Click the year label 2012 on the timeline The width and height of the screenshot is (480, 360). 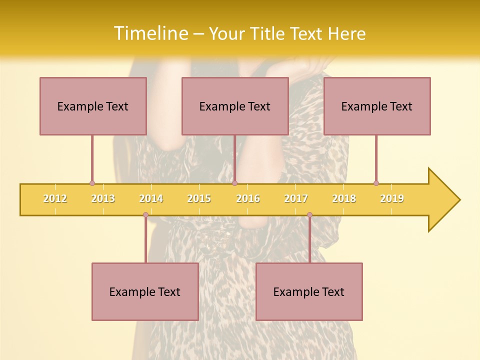click(55, 198)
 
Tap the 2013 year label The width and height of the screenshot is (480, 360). click(103, 198)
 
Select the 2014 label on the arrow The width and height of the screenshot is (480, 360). click(151, 198)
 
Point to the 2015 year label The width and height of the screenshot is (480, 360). click(199, 198)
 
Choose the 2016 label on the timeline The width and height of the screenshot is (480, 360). click(248, 198)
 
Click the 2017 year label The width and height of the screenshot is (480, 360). click(296, 198)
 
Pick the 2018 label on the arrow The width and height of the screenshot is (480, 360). click(344, 198)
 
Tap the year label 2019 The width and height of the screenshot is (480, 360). click(392, 198)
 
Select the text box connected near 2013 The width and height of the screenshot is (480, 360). click(93, 106)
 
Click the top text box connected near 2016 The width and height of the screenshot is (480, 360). click(235, 106)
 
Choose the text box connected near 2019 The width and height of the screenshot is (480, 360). click(377, 106)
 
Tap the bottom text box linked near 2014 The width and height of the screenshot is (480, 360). click(145, 291)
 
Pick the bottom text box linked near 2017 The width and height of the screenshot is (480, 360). click(309, 291)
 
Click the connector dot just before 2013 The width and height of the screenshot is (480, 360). click(92, 183)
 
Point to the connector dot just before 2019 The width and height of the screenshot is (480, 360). click(376, 183)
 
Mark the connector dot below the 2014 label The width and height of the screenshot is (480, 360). click(145, 215)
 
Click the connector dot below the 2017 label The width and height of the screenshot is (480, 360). click(309, 215)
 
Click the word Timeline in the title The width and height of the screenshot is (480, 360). click(150, 33)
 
